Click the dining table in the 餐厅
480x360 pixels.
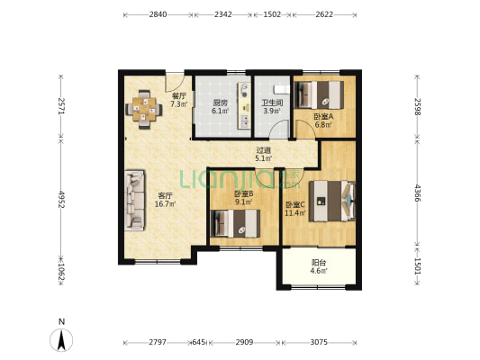click(144, 109)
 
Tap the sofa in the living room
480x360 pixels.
click(134, 201)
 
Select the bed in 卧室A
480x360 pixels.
click(319, 94)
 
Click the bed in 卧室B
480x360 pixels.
click(235, 223)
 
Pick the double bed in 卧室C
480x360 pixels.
click(332, 201)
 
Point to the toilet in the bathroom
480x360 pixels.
click(281, 89)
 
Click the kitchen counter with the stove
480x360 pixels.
click(245, 105)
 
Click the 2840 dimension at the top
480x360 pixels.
click(158, 14)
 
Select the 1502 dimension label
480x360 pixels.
click(272, 14)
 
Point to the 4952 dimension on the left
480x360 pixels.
click(61, 199)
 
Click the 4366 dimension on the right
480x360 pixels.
click(417, 193)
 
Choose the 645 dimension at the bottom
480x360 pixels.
click(198, 342)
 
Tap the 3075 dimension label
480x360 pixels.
click(319, 342)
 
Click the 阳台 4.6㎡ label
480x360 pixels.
click(319, 266)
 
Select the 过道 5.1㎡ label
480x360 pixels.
click(264, 155)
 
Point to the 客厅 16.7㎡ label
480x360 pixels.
click(166, 200)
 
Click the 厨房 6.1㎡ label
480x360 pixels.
click(221, 106)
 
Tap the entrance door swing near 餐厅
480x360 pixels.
click(175, 83)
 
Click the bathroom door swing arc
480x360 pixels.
click(279, 129)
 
